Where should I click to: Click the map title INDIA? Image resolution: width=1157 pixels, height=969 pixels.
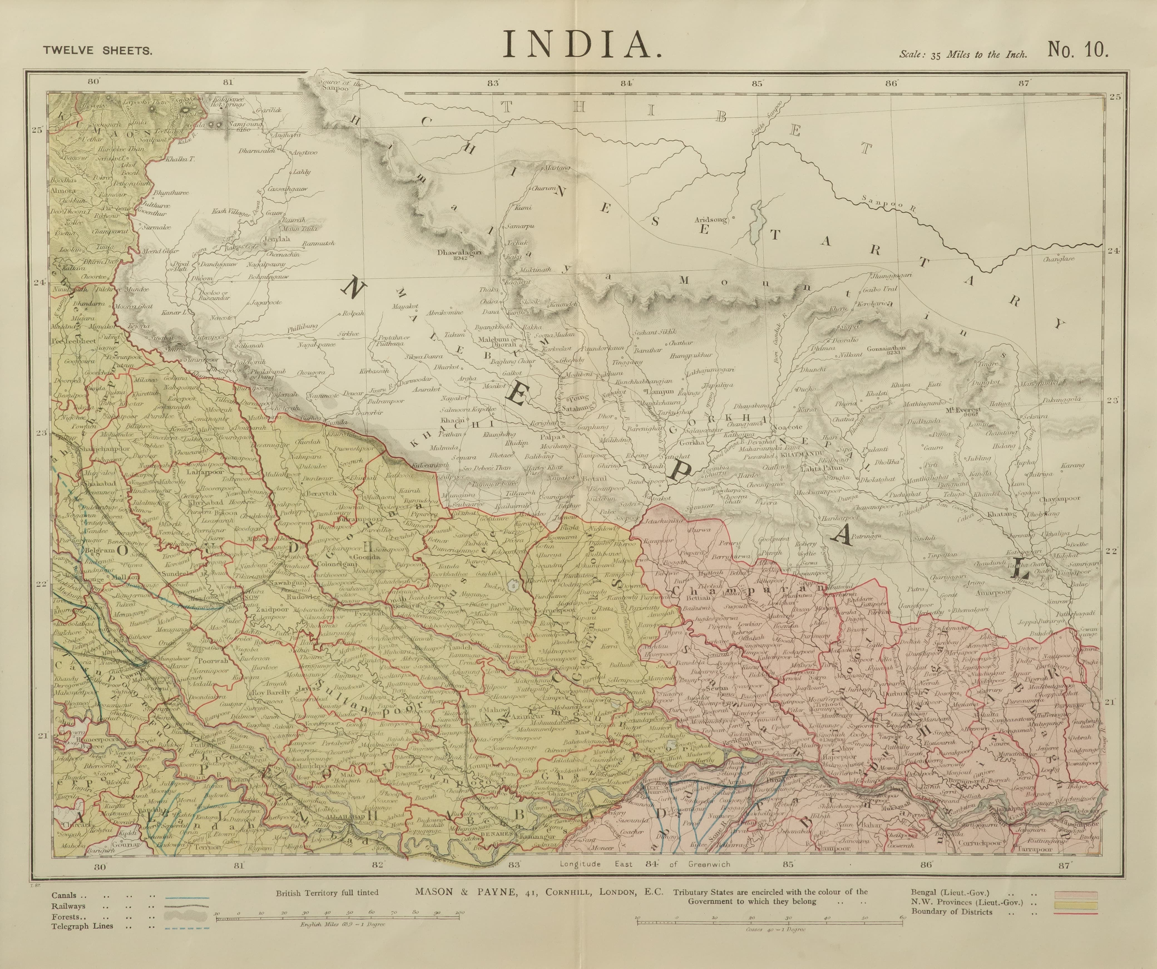pyautogui.click(x=581, y=45)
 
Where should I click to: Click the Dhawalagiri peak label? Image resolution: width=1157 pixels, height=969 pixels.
pyautogui.click(x=459, y=253)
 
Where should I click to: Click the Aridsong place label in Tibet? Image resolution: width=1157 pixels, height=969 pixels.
pyautogui.click(x=711, y=219)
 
